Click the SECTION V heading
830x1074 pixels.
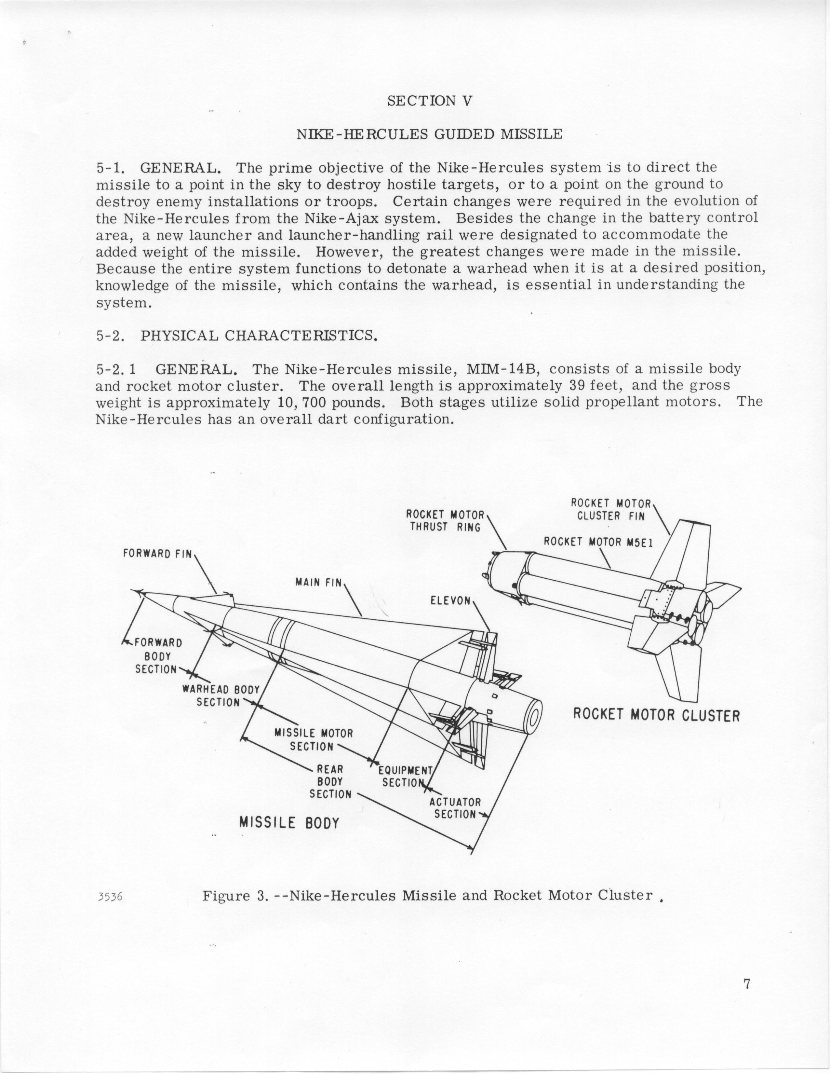point(430,101)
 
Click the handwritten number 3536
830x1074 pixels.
point(110,896)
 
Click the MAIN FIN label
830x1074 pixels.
point(318,582)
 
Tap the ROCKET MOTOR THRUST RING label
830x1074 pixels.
point(445,521)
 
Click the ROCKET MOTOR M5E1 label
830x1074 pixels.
point(597,542)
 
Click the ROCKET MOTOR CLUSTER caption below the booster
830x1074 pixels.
point(656,715)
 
